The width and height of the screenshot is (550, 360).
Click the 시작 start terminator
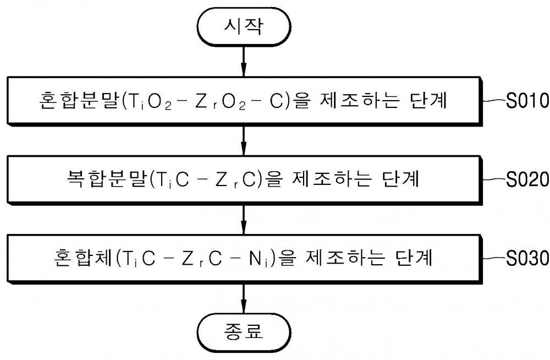[x=244, y=26]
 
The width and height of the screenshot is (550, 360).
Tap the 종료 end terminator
[x=244, y=331]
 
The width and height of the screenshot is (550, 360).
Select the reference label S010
[x=527, y=100]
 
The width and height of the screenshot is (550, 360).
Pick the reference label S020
[x=527, y=179]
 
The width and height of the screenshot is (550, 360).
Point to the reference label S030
[x=527, y=258]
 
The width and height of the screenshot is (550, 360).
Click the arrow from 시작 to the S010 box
[x=244, y=62]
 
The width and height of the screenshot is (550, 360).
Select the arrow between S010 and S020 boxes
[x=244, y=140]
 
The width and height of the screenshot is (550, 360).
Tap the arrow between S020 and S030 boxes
[x=244, y=220]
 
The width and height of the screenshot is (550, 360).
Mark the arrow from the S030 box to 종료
[x=244, y=298]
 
